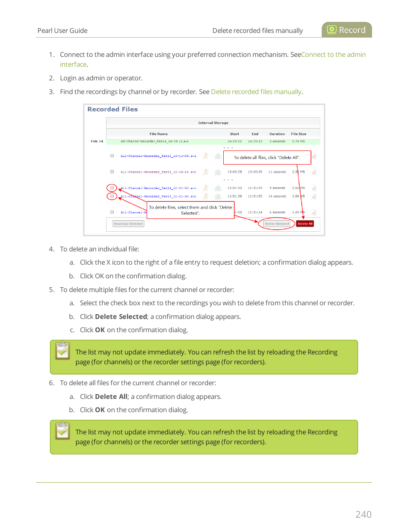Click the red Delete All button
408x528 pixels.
tap(305, 224)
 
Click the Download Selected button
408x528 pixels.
tap(128, 224)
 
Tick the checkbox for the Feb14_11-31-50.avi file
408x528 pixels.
tap(112, 188)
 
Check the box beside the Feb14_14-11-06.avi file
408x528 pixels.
tap(112, 156)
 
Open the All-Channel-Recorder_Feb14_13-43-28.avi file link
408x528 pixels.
tap(158, 172)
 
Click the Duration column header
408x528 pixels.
tap(277, 134)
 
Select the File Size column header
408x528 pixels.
tap(299, 134)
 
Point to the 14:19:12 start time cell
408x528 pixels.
tap(234, 141)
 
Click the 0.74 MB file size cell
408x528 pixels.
tap(299, 141)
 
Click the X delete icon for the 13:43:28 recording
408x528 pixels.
tap(313, 172)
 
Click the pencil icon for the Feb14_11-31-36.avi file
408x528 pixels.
tap(205, 196)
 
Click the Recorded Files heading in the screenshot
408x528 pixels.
tap(112, 109)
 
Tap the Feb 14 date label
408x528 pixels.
tap(97, 141)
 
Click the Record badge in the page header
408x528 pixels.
tap(346, 30)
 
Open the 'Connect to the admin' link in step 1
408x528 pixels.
tap(333, 55)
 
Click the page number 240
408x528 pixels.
tap(363, 514)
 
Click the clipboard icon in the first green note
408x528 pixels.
tap(62, 351)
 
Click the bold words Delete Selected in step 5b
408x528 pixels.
tap(121, 317)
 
